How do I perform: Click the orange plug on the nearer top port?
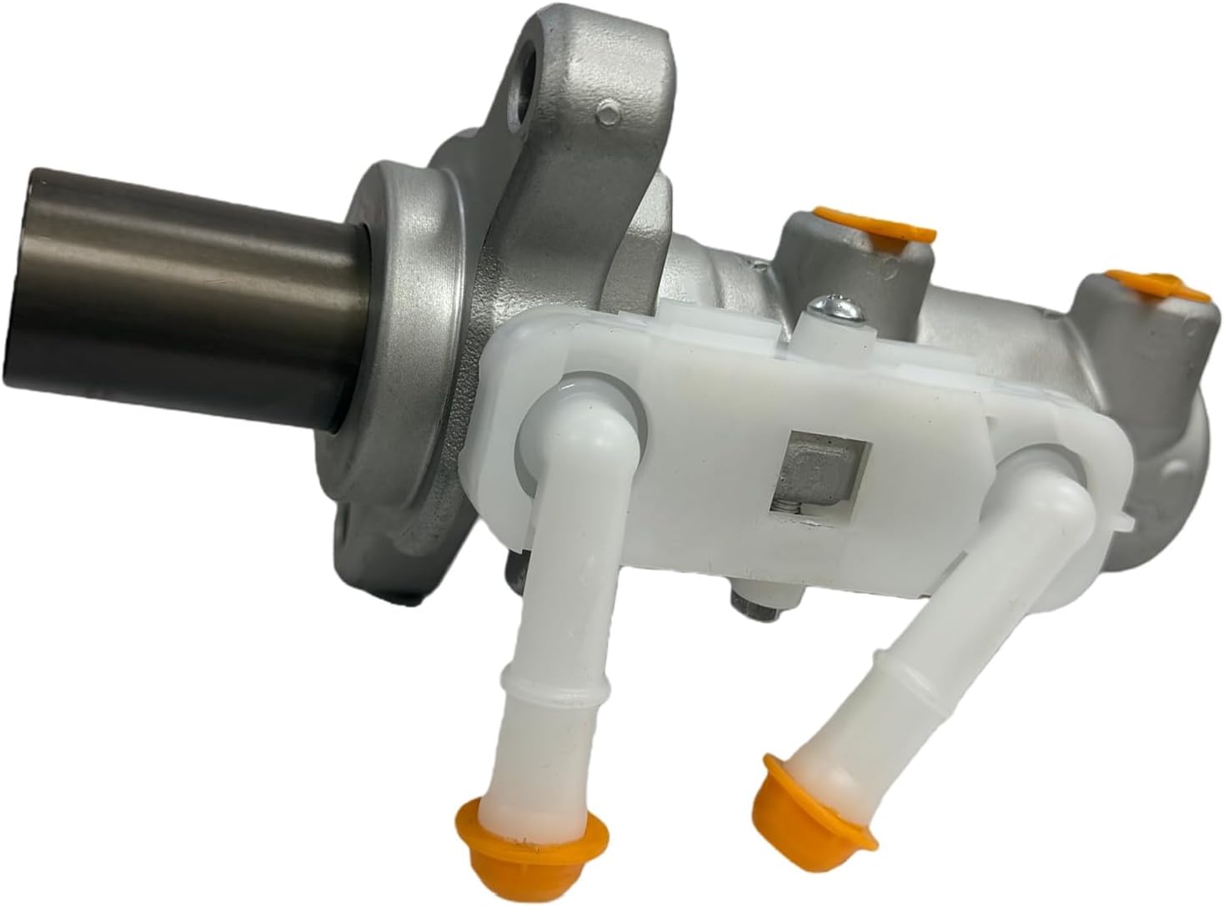(867, 230)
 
